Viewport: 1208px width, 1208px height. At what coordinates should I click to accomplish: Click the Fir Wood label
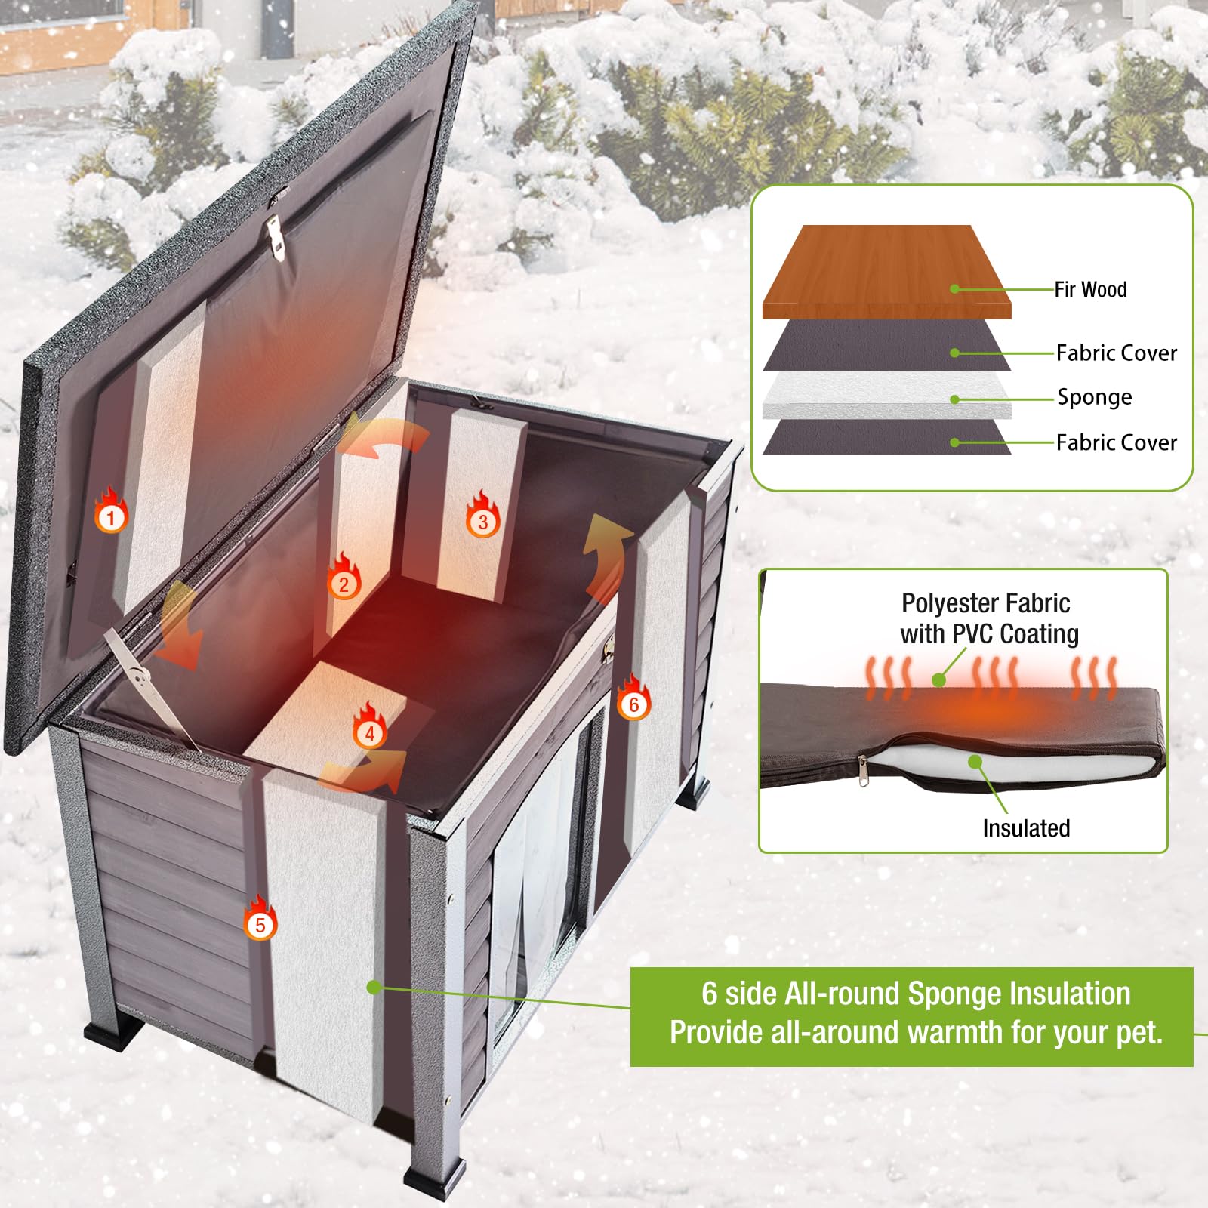click(x=1090, y=289)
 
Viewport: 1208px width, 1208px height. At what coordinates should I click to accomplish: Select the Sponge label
click(x=1094, y=398)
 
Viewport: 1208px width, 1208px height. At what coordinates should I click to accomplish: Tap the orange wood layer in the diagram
click(x=886, y=272)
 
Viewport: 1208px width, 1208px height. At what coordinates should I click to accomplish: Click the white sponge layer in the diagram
click(x=886, y=396)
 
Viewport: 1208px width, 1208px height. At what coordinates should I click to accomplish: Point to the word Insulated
click(x=1026, y=828)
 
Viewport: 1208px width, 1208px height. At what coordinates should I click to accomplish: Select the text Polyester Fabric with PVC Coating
click(x=989, y=618)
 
